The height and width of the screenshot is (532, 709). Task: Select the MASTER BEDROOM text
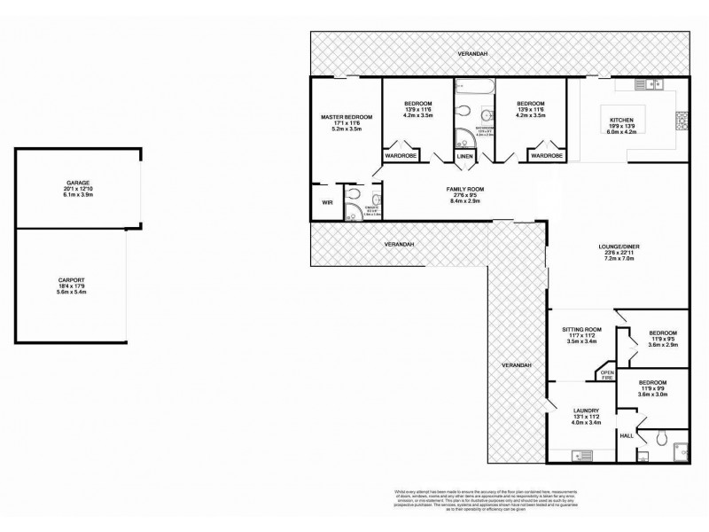point(346,117)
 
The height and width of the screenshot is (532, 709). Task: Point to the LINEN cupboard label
point(465,156)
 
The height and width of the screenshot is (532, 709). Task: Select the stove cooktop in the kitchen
point(681,119)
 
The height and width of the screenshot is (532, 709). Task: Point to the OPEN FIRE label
point(607,373)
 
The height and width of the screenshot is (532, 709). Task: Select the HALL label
point(626,435)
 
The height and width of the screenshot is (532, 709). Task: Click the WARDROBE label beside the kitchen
point(546,156)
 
